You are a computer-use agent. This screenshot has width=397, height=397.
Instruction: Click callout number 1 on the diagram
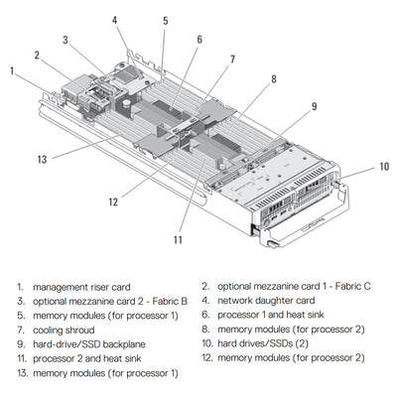click(12, 71)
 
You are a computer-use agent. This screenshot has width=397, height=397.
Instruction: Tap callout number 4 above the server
click(114, 20)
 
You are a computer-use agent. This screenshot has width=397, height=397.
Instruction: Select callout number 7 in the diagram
click(232, 59)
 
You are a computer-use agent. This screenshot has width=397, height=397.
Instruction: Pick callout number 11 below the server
click(180, 238)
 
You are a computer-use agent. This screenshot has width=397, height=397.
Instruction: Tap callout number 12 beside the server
click(113, 201)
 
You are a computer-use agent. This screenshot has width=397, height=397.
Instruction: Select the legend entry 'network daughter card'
click(265, 300)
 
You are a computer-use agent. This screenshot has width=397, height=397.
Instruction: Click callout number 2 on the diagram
click(37, 56)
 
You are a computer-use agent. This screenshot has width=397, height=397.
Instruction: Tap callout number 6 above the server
click(198, 40)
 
